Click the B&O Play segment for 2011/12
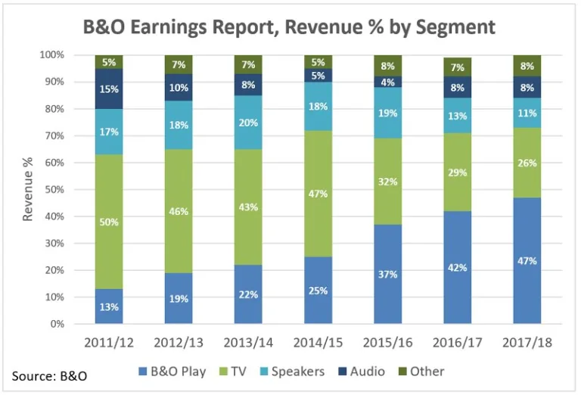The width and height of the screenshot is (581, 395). point(109,306)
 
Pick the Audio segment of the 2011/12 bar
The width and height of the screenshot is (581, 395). point(109,89)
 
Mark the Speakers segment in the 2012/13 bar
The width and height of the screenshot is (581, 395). point(178,125)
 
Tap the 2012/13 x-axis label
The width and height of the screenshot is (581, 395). point(178,342)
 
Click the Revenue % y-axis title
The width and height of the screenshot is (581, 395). point(29,189)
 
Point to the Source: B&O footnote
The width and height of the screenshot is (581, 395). point(48,376)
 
